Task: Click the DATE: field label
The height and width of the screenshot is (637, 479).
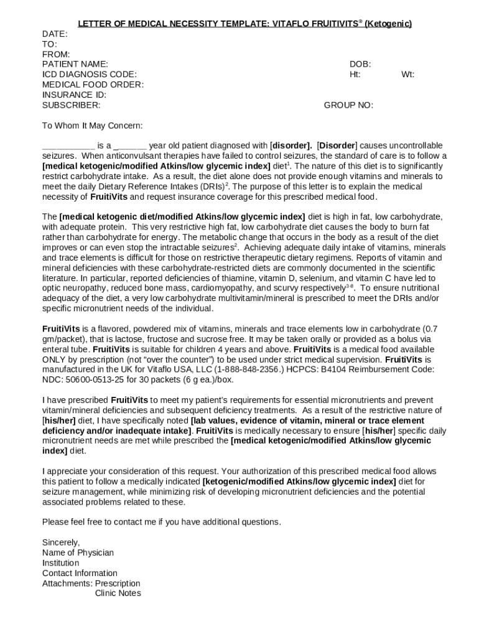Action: (55, 34)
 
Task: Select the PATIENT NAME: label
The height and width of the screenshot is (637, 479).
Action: (75, 64)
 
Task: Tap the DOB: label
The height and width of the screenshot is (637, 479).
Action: (360, 64)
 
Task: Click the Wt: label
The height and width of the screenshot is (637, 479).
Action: (407, 74)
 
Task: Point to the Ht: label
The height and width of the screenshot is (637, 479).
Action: (355, 74)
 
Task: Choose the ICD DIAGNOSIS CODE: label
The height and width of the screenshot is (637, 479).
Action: (89, 74)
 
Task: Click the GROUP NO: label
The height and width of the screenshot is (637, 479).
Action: (348, 105)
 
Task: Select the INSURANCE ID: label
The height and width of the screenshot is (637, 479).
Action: (74, 95)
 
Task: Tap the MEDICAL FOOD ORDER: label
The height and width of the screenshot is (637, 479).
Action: (93, 85)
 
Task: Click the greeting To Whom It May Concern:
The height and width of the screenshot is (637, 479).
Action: (92, 126)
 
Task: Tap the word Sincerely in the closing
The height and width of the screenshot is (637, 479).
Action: (60, 542)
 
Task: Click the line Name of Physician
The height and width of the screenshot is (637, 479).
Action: (78, 552)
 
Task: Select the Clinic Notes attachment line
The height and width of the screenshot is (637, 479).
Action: (118, 593)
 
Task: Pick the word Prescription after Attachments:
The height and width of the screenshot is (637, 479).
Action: (118, 583)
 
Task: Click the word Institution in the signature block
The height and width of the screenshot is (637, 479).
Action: (60, 562)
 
